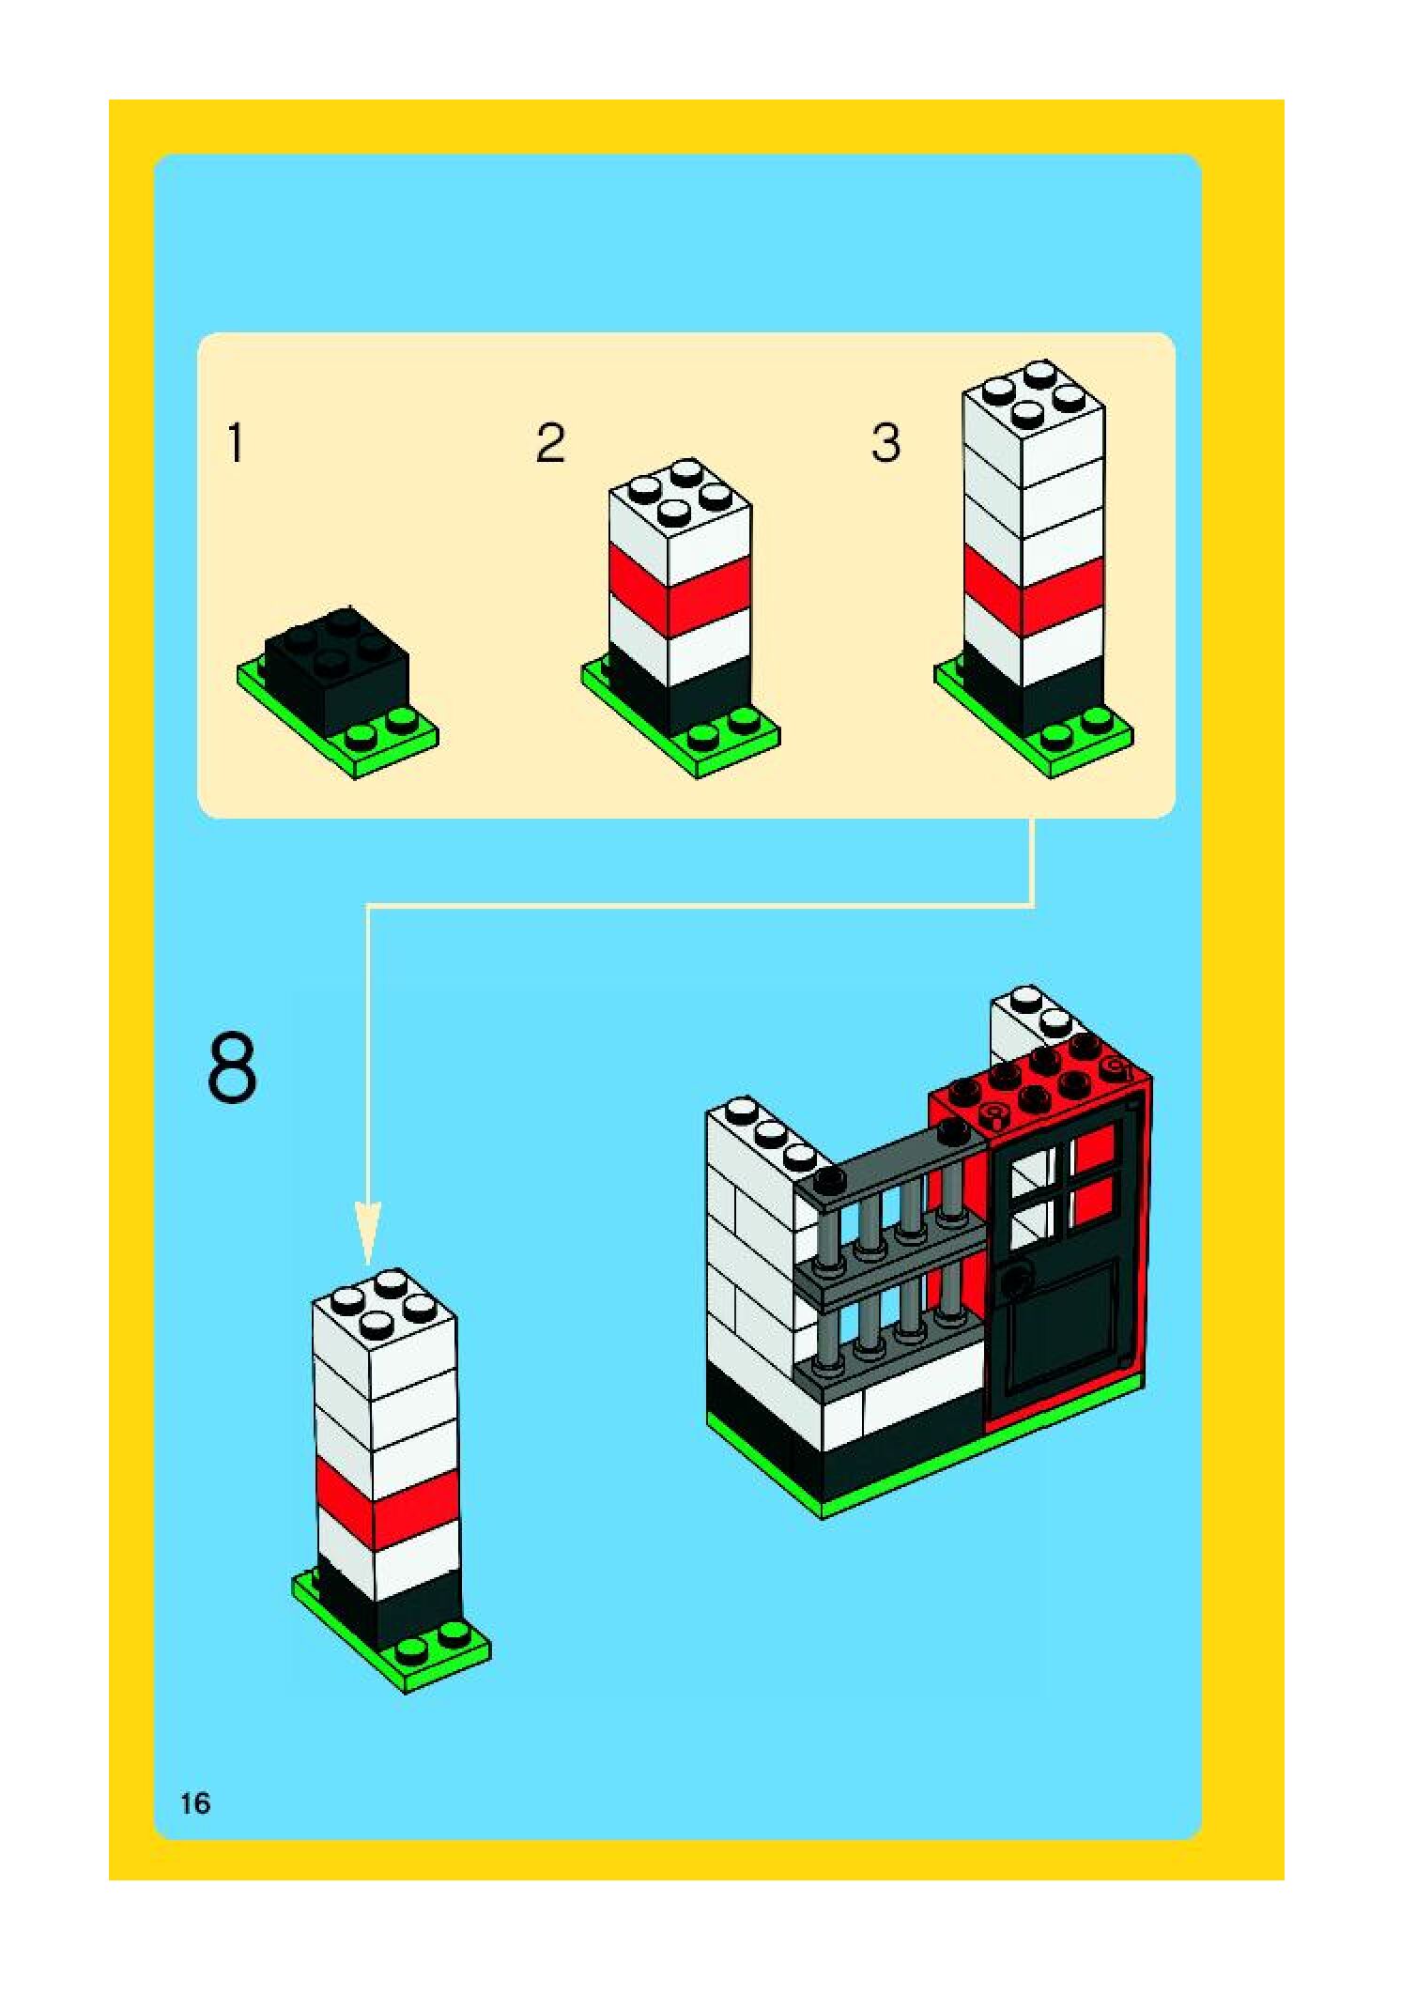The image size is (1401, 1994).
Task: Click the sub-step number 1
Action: (x=236, y=443)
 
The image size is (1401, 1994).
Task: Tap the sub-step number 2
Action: (x=550, y=443)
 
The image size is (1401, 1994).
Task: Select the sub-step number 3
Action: (x=885, y=443)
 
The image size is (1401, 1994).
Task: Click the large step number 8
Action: (x=231, y=1067)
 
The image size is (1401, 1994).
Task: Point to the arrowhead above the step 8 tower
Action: (x=368, y=1233)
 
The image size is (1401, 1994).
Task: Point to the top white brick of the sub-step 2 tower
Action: (x=679, y=516)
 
